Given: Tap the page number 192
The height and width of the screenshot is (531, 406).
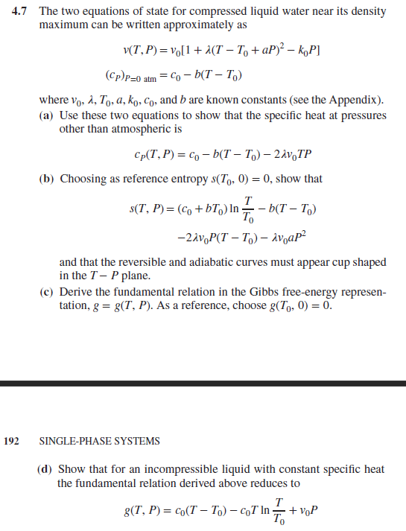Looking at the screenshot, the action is (11, 441).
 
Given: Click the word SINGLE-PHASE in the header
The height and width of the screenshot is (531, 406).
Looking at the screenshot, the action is (72, 441).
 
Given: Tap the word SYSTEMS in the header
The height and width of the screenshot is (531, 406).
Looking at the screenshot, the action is (134, 441).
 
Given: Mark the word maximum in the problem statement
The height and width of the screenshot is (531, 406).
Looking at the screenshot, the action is (61, 26).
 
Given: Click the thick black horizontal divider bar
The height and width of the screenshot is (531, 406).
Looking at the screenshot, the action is (203, 383).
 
